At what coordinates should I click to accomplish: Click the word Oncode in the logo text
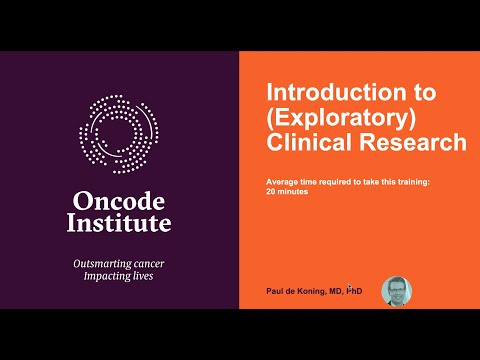tap(119, 202)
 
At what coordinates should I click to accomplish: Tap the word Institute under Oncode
tap(119, 223)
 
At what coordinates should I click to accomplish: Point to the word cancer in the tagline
tap(149, 264)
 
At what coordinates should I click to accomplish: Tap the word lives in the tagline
tap(143, 276)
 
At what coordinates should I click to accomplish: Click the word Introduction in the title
tap(336, 92)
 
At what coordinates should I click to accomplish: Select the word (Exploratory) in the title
tap(341, 118)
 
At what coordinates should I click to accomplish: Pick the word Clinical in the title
tap(309, 142)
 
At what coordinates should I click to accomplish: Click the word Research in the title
tap(413, 142)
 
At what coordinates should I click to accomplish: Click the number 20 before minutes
tap(270, 192)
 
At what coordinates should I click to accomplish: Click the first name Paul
tap(273, 291)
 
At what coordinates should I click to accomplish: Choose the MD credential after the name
tap(335, 291)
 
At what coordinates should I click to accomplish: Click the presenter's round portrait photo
tap(397, 291)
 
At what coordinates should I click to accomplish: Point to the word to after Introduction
tap(425, 93)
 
